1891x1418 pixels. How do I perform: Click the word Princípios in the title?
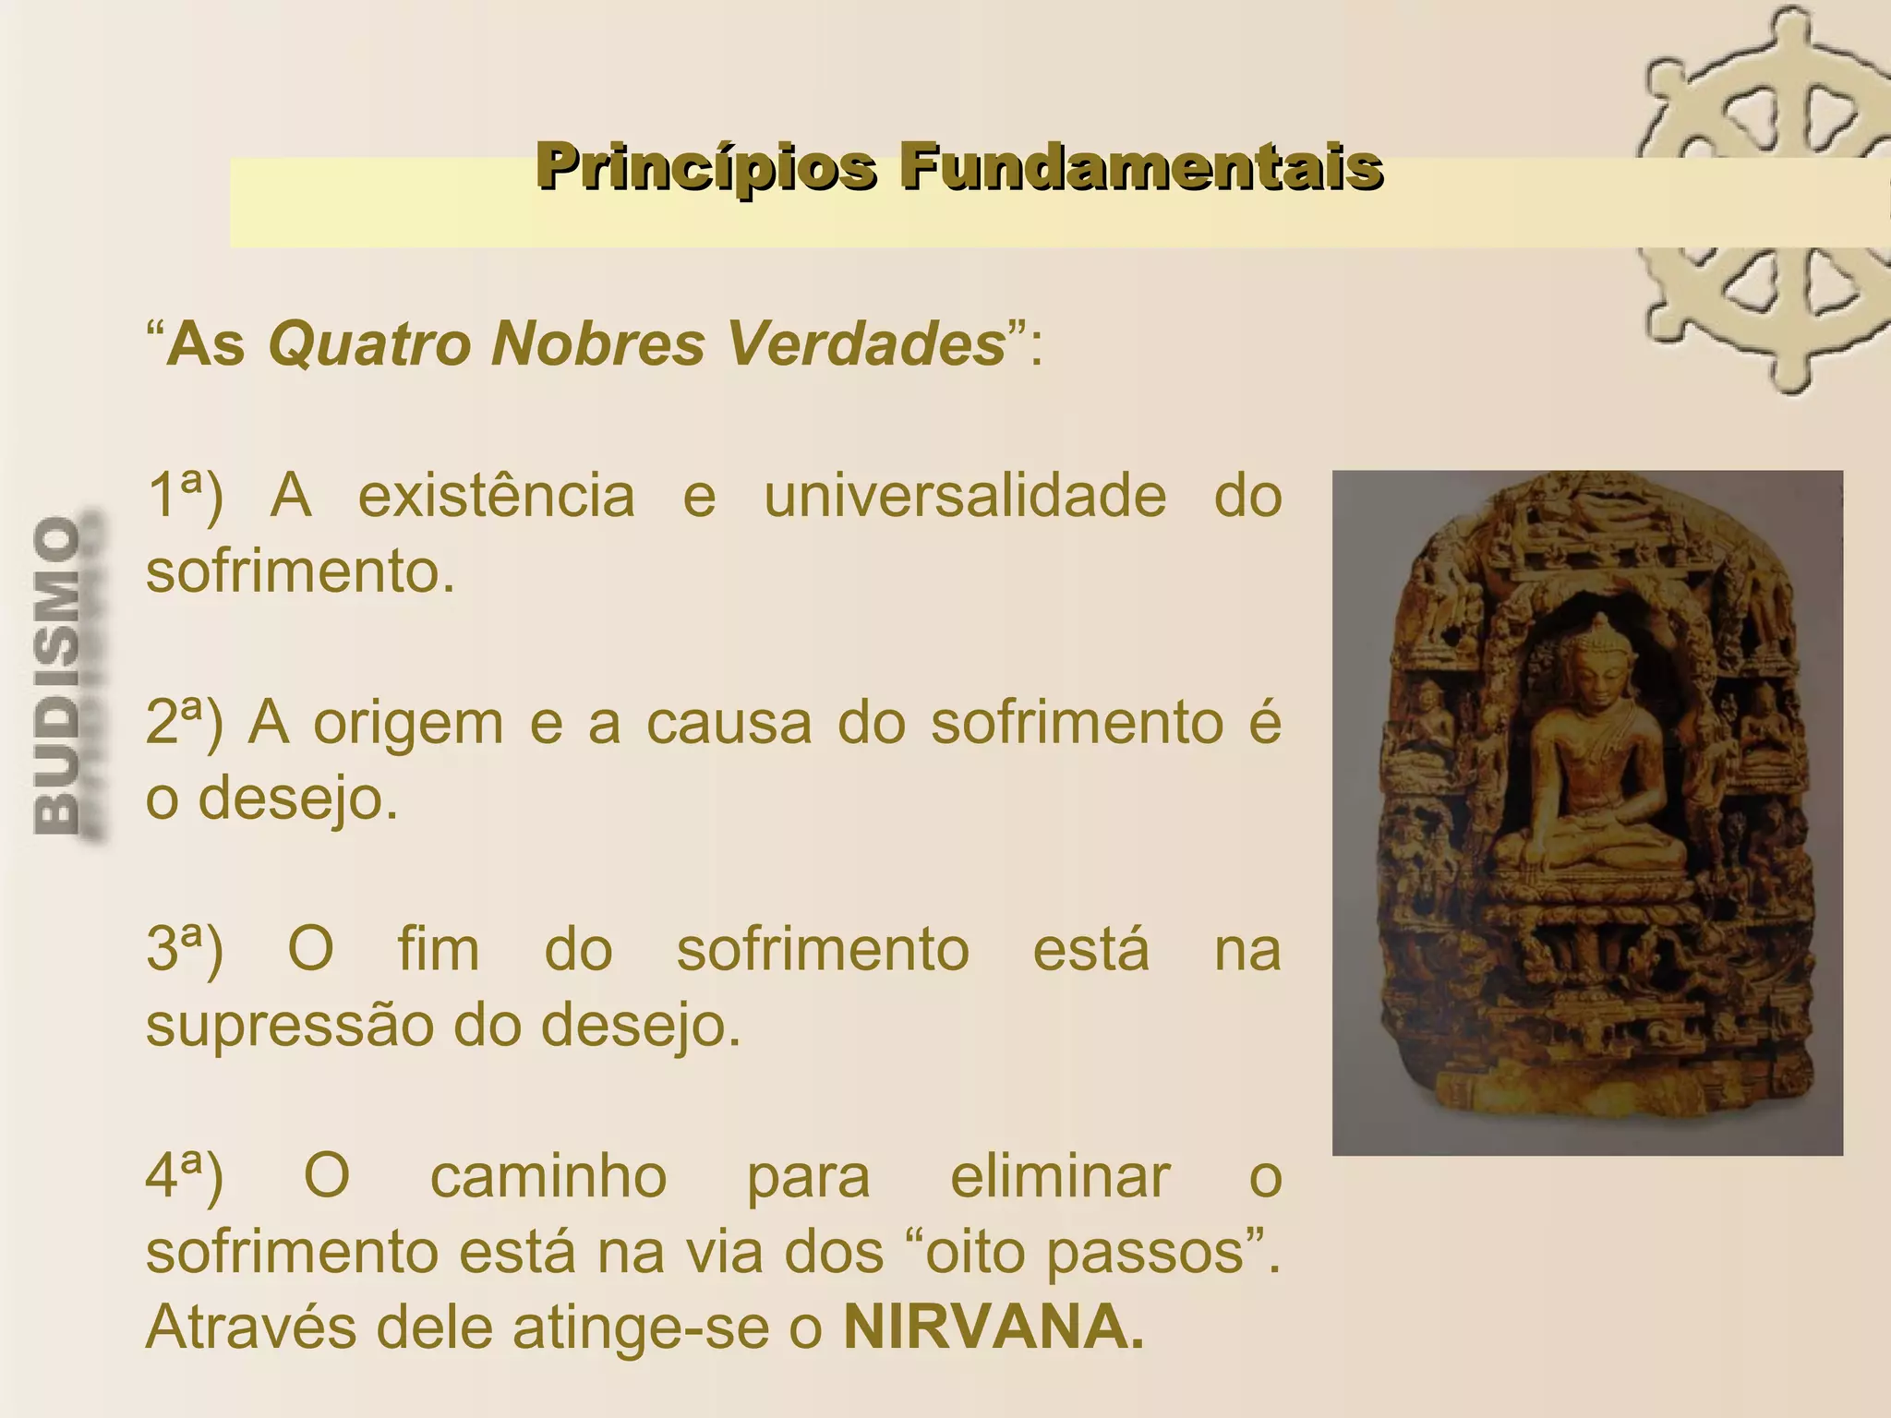pyautogui.click(x=705, y=168)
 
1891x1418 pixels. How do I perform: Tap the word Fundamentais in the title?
pyautogui.click(x=1141, y=168)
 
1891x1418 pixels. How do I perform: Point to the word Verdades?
pyautogui.click(x=866, y=344)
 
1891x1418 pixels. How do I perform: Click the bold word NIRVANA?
pyautogui.click(x=993, y=1327)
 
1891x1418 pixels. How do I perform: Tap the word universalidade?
pyautogui.click(x=965, y=496)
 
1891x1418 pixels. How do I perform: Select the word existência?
pyautogui.click(x=497, y=496)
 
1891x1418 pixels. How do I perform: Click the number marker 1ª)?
pyautogui.click(x=185, y=496)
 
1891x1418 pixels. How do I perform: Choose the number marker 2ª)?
pyautogui.click(x=185, y=723)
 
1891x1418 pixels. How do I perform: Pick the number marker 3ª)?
pyautogui.click(x=185, y=950)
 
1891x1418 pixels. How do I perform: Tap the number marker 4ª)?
pyautogui.click(x=185, y=1177)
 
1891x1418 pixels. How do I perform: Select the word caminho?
pyautogui.click(x=548, y=1177)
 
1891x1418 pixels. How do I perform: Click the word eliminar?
pyautogui.click(x=1060, y=1177)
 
